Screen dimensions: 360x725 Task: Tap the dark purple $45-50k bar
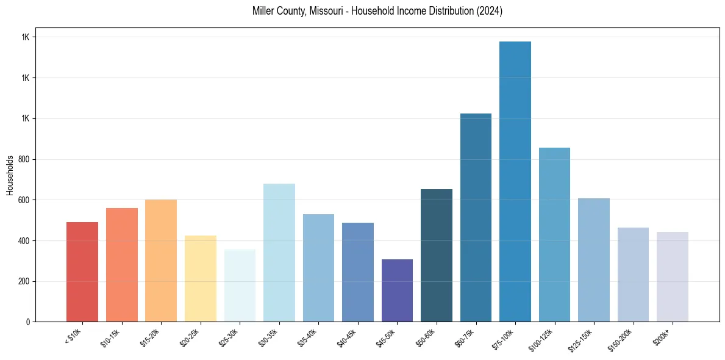coord(397,290)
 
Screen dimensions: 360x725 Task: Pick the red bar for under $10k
coord(82,272)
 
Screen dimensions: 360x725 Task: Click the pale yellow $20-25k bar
coord(201,278)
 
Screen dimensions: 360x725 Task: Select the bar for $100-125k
coord(554,234)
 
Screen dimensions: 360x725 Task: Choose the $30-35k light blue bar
coord(279,253)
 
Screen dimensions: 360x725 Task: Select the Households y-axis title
coord(10,175)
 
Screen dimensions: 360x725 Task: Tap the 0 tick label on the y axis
coord(28,322)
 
